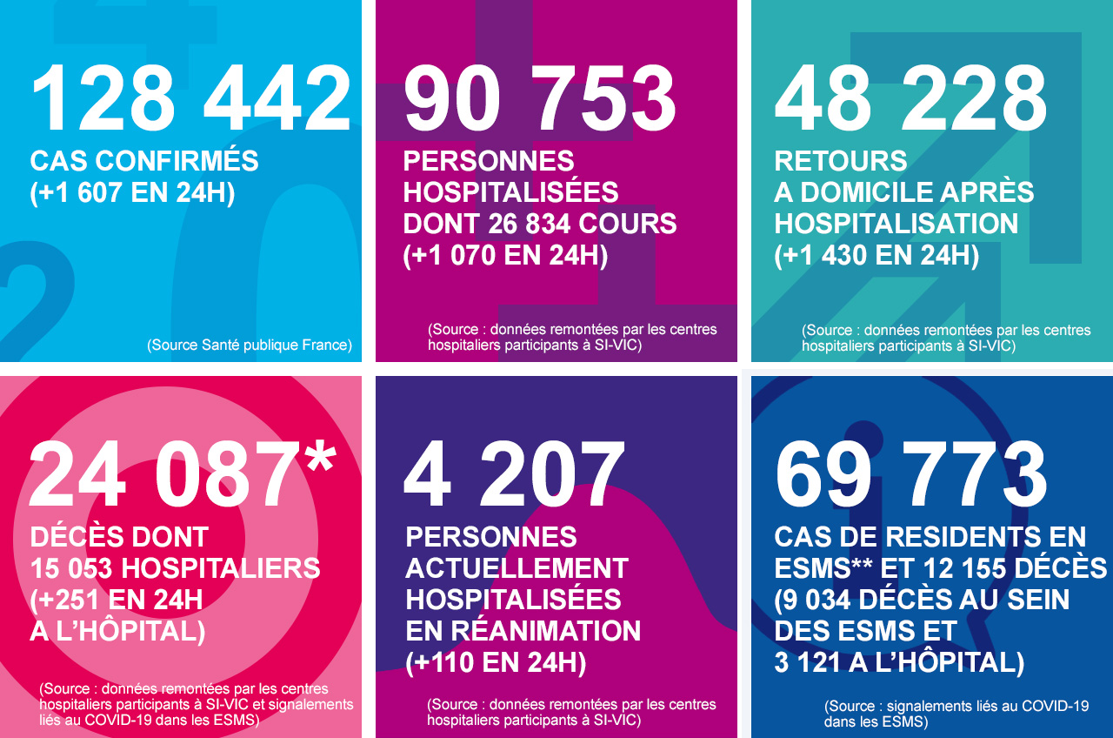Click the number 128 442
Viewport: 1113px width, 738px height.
click(x=190, y=99)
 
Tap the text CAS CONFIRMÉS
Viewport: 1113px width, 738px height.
click(x=144, y=161)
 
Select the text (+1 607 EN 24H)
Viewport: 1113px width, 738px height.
click(x=132, y=192)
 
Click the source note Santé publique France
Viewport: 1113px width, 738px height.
click(x=250, y=345)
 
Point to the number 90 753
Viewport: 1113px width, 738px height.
click(x=540, y=99)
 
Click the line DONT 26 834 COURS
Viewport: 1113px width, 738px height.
click(x=540, y=224)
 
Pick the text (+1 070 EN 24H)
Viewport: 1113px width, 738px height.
click(x=505, y=255)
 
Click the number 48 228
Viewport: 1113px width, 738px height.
click(x=911, y=99)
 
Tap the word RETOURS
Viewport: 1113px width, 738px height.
click(x=841, y=161)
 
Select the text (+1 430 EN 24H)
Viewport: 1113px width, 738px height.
click(x=876, y=255)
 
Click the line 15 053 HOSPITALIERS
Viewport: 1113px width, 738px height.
click(x=175, y=568)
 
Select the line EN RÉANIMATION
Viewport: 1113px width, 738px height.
click(x=523, y=631)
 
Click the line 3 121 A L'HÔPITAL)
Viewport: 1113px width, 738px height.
click(x=899, y=662)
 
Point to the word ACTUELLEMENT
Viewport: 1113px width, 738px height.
click(x=517, y=568)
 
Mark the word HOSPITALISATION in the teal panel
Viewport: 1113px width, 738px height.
click(x=896, y=224)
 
